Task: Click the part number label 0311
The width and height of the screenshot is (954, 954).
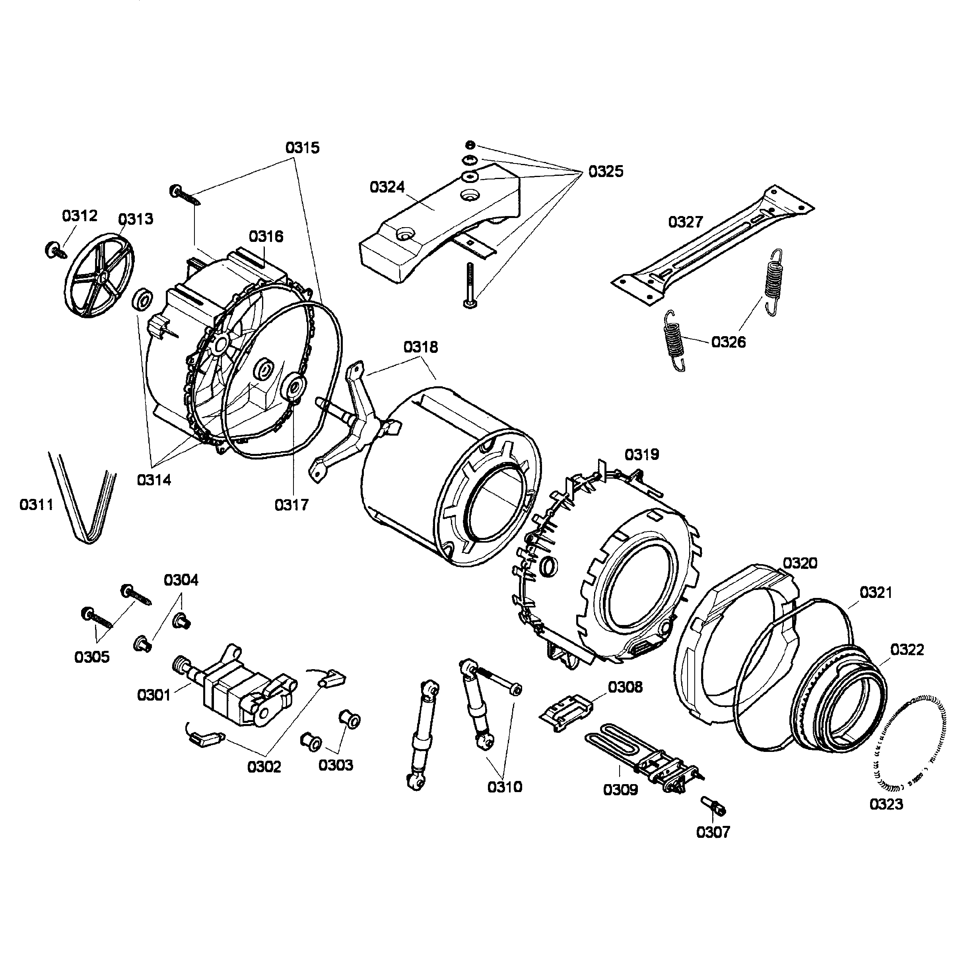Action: pos(36,505)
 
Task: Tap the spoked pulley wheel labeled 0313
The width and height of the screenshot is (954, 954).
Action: pos(99,276)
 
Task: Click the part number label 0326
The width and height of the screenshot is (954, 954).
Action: pos(729,342)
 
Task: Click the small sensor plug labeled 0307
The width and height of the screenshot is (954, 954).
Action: pos(714,807)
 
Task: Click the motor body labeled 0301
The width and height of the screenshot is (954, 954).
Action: pos(237,689)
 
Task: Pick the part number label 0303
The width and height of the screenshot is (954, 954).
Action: pos(336,765)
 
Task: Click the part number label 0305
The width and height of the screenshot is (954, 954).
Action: pos(92,657)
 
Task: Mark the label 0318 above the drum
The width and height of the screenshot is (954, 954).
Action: pos(421,347)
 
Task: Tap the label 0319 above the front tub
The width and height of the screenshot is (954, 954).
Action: pos(642,454)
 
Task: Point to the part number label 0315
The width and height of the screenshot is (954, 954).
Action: pos(302,148)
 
